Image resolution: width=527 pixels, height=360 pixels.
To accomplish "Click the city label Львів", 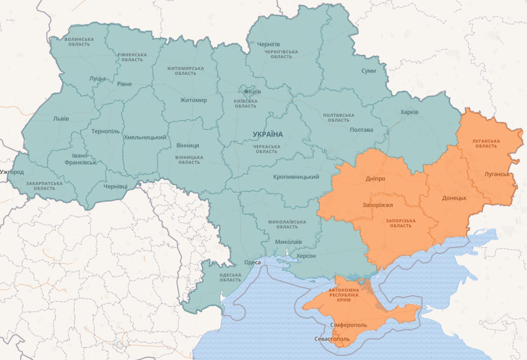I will pyautogui.click(x=61, y=118).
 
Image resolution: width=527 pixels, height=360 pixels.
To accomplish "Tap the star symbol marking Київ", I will pyautogui.click(x=246, y=91).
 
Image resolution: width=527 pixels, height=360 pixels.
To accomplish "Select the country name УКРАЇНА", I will pyautogui.click(x=268, y=134).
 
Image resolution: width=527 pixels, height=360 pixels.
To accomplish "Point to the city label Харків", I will pyautogui.click(x=409, y=112).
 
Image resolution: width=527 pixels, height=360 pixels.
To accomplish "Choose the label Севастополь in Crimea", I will pyautogui.click(x=331, y=339).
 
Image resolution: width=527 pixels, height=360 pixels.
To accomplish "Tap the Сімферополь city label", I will pyautogui.click(x=348, y=325).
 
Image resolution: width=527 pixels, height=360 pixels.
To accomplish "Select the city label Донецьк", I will pyautogui.click(x=454, y=198).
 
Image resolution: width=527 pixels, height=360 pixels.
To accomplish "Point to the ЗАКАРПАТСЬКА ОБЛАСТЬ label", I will pyautogui.click(x=44, y=186).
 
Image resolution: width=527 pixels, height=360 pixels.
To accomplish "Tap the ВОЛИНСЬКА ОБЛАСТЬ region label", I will pyautogui.click(x=79, y=42).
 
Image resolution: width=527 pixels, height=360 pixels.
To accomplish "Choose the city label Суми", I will pyautogui.click(x=368, y=71).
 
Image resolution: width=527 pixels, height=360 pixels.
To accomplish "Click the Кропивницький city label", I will pyautogui.click(x=296, y=177).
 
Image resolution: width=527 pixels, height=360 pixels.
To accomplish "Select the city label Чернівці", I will pyautogui.click(x=115, y=186).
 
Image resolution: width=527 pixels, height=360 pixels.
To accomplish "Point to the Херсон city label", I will pyautogui.click(x=306, y=256).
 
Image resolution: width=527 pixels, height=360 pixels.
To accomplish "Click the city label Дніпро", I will pyautogui.click(x=375, y=179).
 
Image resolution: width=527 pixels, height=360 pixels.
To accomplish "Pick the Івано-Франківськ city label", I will pyautogui.click(x=81, y=159).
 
